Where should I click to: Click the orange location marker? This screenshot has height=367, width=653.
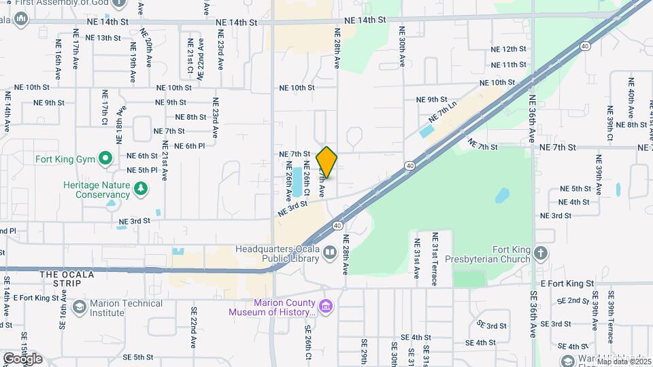[x=327, y=162]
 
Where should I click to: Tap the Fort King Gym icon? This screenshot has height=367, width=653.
[x=105, y=160]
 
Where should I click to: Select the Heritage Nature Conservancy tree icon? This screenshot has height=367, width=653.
[x=141, y=188]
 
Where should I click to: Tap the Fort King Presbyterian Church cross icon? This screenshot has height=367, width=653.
[x=541, y=254]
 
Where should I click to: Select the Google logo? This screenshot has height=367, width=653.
[x=22, y=358]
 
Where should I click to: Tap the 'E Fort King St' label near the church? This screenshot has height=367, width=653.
[x=567, y=283]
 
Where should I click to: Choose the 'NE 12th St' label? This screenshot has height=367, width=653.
[x=509, y=49]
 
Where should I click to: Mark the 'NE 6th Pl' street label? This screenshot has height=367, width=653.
[x=190, y=146]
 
